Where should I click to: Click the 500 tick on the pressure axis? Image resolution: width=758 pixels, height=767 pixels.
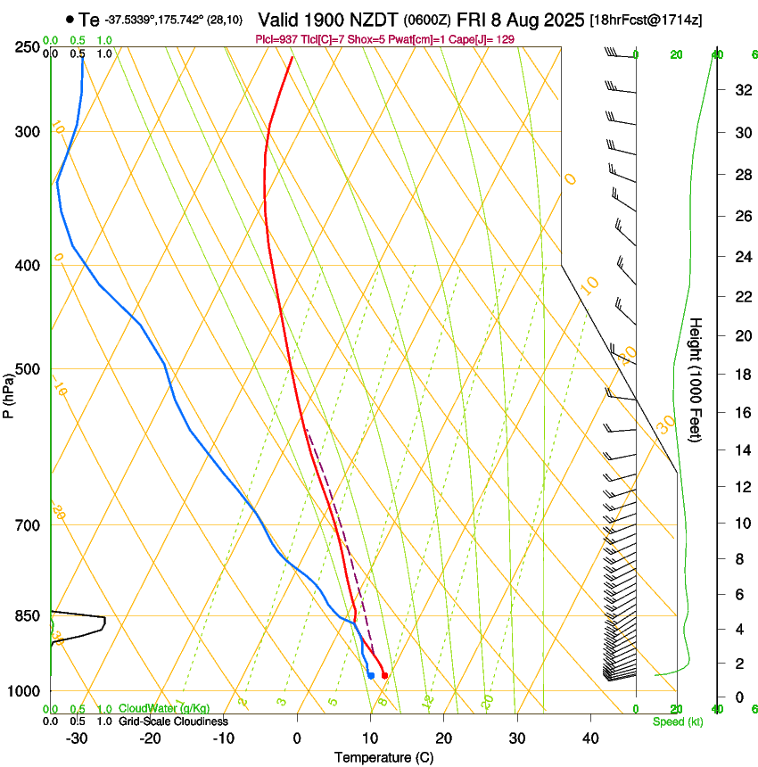[28, 369]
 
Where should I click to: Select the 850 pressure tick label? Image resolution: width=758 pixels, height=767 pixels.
[28, 615]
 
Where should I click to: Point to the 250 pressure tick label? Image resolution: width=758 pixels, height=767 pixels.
[28, 46]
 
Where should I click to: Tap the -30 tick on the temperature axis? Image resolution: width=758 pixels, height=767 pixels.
[77, 738]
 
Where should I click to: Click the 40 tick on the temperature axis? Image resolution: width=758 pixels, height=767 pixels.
[590, 738]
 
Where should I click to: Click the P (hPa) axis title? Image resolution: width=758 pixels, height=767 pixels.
[8, 392]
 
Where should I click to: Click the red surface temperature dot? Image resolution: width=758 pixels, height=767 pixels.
[384, 676]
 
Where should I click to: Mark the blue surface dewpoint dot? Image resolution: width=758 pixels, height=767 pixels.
[371, 676]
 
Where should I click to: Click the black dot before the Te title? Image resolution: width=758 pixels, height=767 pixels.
[70, 19]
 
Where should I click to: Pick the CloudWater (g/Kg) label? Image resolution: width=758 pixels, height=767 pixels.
[152, 709]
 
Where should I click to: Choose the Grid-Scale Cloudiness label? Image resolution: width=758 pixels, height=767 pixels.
[173, 722]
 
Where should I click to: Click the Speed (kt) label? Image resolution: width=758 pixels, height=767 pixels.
[677, 722]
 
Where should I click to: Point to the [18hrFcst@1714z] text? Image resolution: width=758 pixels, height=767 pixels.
[647, 20]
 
